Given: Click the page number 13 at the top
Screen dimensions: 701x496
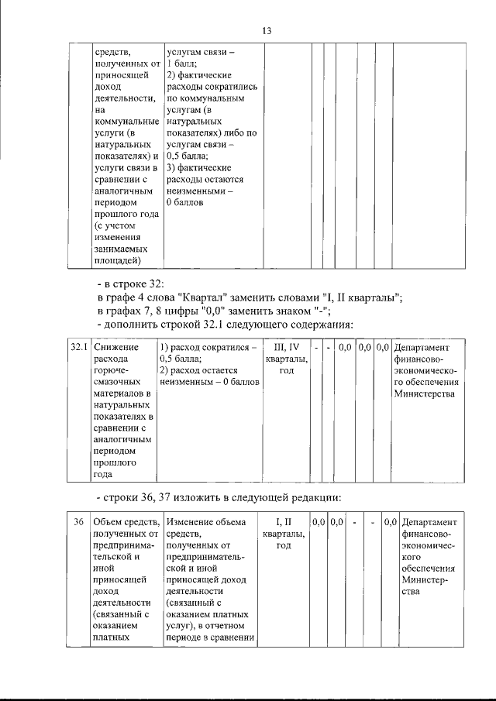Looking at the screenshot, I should click(266, 31).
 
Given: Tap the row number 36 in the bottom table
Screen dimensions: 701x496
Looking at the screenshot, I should click(79, 523).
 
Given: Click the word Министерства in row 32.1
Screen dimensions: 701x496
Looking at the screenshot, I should click(425, 393).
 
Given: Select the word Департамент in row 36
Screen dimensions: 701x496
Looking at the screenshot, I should click(430, 523).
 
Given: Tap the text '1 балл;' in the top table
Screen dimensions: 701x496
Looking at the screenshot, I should click(182, 64).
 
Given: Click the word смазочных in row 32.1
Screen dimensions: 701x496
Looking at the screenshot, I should click(117, 382).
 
